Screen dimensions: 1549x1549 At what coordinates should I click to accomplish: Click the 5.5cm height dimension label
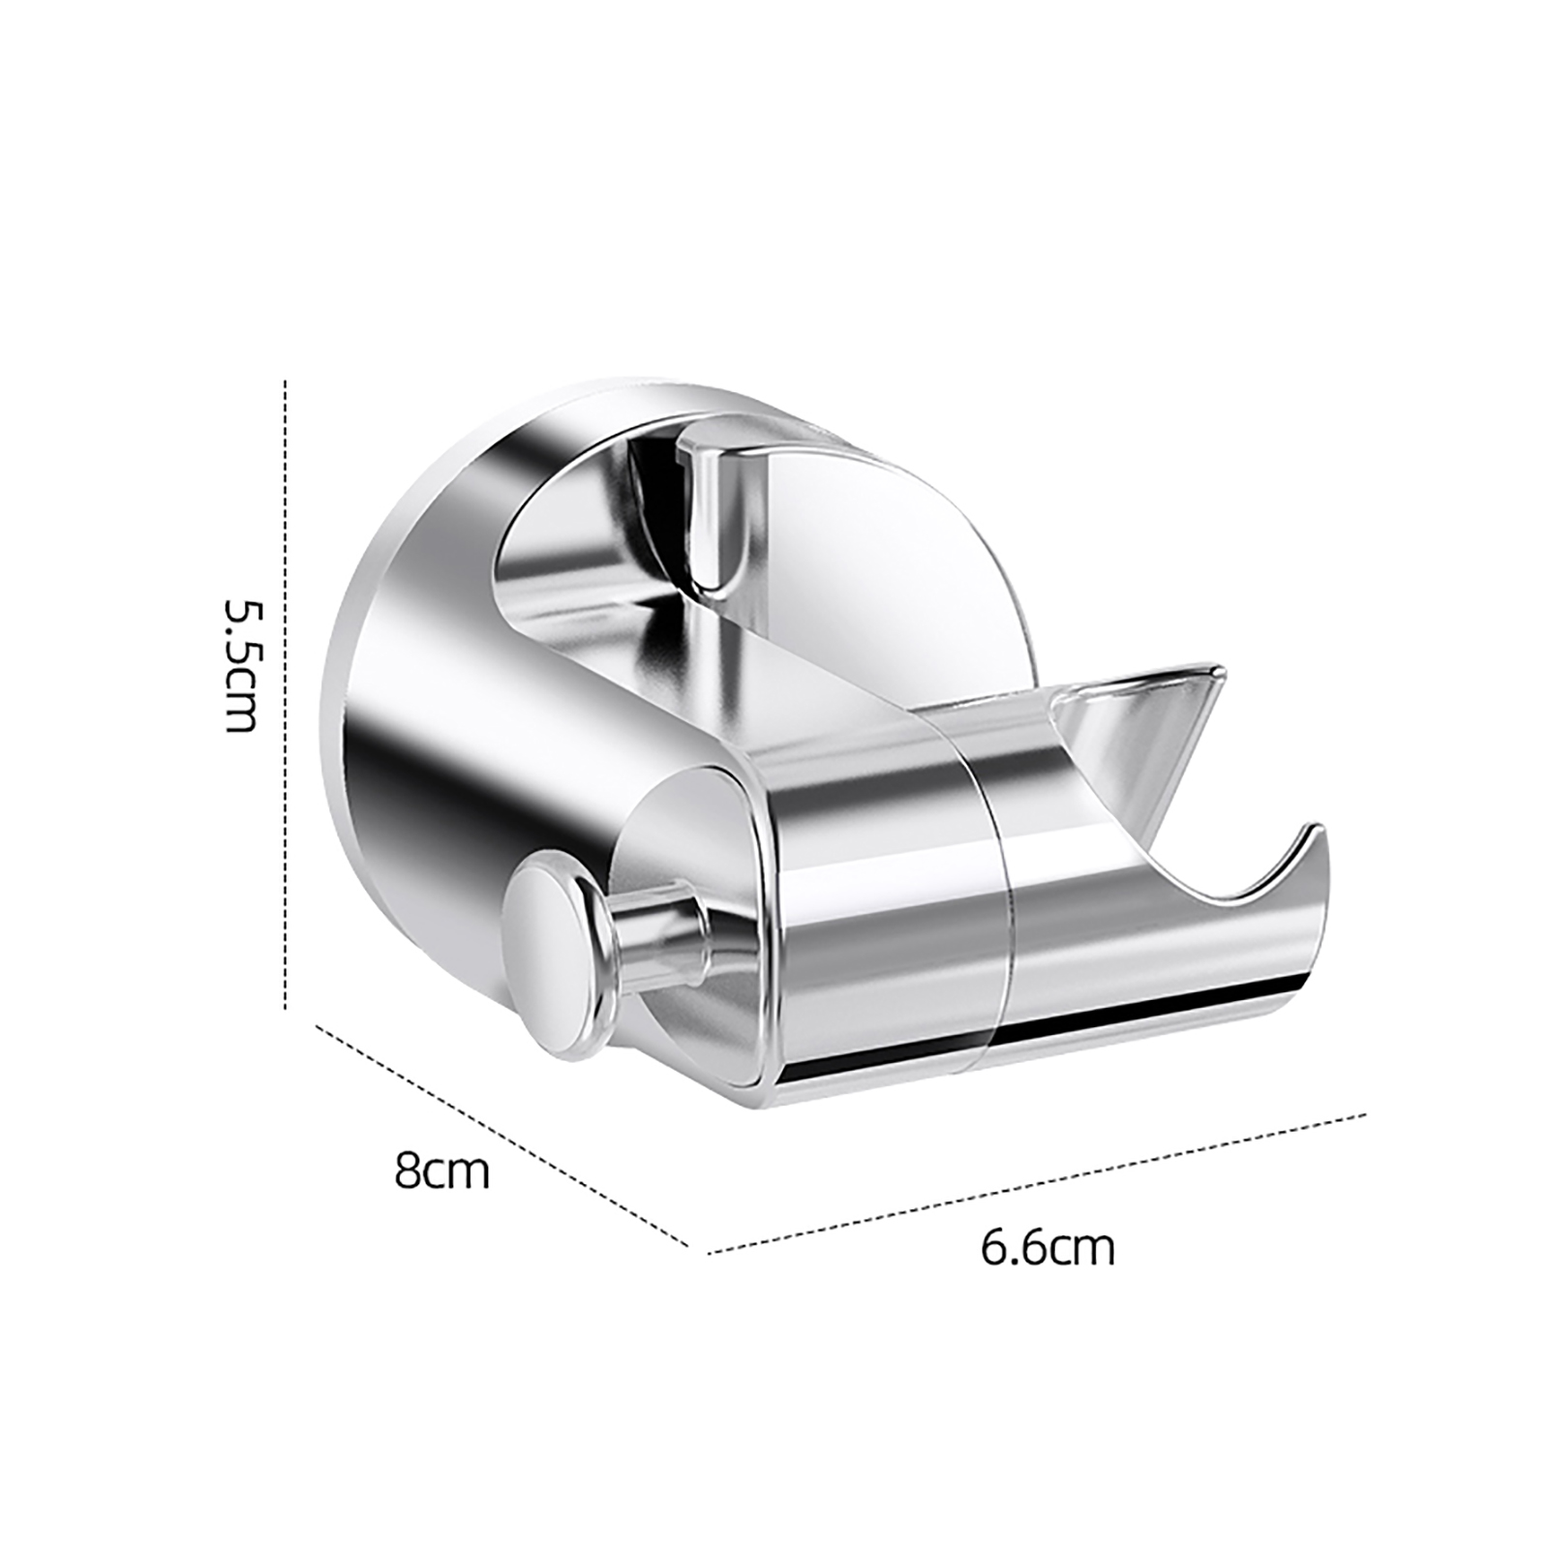tap(241, 665)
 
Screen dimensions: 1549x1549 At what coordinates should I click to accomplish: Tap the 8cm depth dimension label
tap(442, 1170)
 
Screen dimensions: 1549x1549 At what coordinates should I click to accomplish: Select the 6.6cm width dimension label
tap(1048, 1249)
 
